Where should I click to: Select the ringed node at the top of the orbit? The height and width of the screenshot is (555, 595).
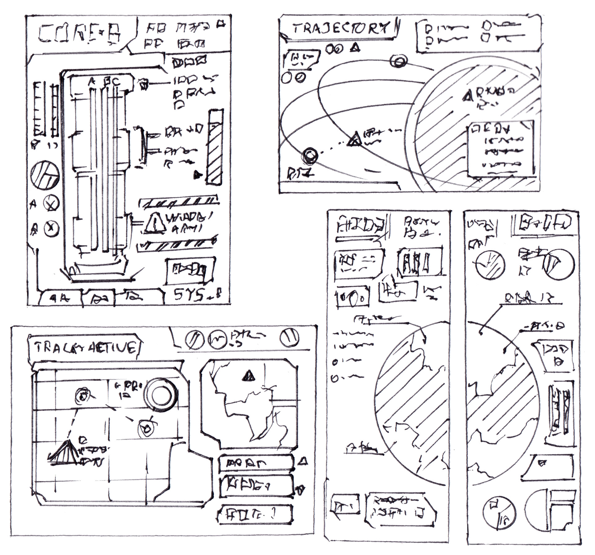click(x=398, y=61)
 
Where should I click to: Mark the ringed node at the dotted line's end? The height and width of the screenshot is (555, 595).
click(x=310, y=154)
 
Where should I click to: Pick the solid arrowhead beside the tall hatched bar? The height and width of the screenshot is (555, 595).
click(x=197, y=175)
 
